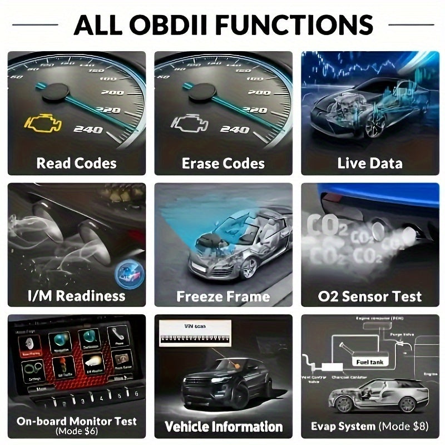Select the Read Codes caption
[x=76, y=163]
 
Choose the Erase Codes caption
[x=223, y=163]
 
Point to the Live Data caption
[x=369, y=163]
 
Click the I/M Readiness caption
[x=76, y=295]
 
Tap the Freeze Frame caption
[x=223, y=295]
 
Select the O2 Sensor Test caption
[x=369, y=295]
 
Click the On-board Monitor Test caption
[x=76, y=421]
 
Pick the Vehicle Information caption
[x=223, y=427]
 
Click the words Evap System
[x=343, y=427]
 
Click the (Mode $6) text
[x=76, y=432]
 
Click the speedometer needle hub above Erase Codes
[x=201, y=92]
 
